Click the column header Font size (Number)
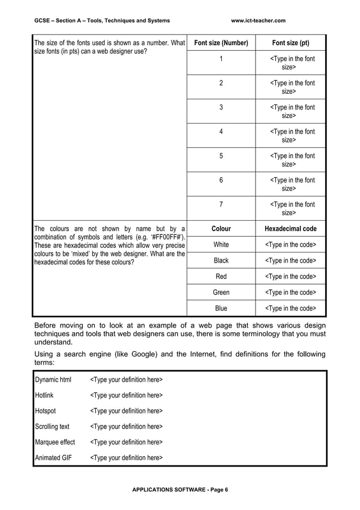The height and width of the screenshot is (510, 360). [x=221, y=43]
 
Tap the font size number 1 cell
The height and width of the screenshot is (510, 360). [x=221, y=59]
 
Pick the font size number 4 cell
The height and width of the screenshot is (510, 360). [x=221, y=132]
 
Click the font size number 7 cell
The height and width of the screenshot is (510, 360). [x=221, y=204]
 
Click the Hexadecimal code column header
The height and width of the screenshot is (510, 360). [x=290, y=229]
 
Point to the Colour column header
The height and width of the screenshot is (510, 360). [x=221, y=229]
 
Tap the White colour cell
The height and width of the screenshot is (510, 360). [x=221, y=245]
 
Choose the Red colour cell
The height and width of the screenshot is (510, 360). [x=221, y=276]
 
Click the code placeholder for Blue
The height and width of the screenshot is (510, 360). [x=290, y=308]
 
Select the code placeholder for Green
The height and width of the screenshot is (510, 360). [x=290, y=293]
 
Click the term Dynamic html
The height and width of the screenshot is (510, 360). [x=53, y=379]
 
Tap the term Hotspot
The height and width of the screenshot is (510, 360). [x=45, y=411]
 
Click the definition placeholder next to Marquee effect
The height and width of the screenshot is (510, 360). [x=126, y=442]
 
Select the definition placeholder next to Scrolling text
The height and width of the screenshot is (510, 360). [x=126, y=426]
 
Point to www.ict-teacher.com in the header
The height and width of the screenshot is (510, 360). [x=258, y=21]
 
